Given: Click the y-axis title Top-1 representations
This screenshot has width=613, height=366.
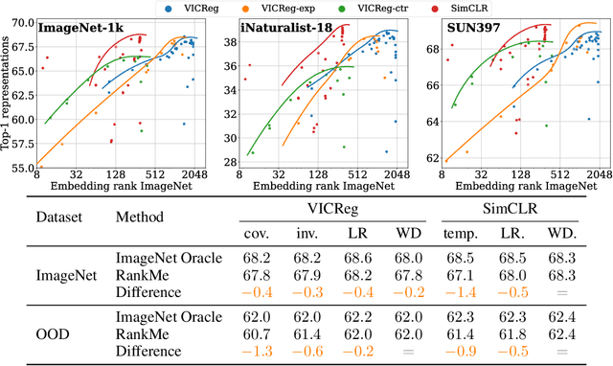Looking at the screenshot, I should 8,96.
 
